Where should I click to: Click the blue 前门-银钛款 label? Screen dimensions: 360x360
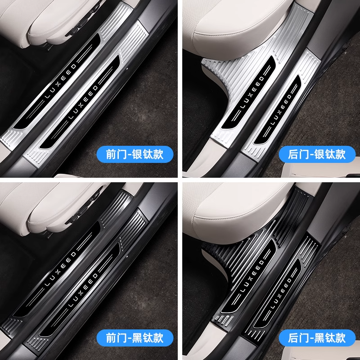coord(135,154)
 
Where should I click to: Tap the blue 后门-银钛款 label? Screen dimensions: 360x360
coord(317,154)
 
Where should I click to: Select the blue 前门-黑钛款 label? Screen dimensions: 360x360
coord(135,338)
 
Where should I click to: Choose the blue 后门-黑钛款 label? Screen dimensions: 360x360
coord(317,338)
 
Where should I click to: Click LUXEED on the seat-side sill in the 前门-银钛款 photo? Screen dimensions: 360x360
coord(60,81)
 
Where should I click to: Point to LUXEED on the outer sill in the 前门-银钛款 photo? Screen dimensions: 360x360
coord(83,102)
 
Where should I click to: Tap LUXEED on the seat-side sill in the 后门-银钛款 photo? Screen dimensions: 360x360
coord(252,92)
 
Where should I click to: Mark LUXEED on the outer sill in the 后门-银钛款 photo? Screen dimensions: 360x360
coord(281,110)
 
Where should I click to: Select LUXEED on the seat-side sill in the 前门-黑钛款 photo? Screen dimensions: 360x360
coord(60,269)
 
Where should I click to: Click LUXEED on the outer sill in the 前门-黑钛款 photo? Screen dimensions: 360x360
coord(83,290)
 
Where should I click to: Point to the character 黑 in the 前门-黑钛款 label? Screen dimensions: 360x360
coord(138,338)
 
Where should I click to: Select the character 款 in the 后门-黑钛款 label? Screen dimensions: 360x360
coord(340,338)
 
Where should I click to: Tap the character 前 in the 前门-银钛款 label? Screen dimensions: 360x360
coord(112,154)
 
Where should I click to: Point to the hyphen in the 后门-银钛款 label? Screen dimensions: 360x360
coord(311,155)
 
